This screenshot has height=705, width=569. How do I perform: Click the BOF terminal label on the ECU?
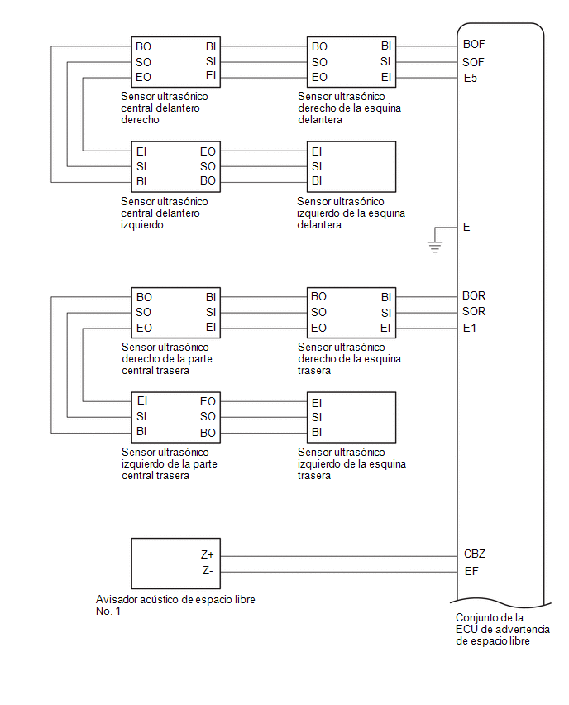point(474,44)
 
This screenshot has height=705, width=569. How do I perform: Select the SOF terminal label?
point(473,62)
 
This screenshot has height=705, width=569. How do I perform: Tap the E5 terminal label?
point(470,79)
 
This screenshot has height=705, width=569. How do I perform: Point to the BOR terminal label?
point(474,296)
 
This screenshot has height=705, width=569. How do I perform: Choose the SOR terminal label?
point(474,312)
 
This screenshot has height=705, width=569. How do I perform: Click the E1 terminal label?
point(469,329)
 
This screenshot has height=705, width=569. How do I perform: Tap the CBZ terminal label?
point(475,554)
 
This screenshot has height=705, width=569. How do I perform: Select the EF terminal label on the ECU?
point(471,572)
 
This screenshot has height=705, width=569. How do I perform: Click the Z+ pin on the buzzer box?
point(208,555)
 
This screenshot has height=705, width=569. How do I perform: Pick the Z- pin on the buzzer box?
point(208,571)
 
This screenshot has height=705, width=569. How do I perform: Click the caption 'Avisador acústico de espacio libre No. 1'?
point(175,605)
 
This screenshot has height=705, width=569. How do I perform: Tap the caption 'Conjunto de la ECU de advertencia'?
point(503,624)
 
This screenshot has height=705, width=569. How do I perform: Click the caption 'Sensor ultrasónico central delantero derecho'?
point(164,108)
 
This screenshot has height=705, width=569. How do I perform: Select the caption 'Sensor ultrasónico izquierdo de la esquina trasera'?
point(351,464)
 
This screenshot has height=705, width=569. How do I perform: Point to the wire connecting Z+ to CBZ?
point(339,556)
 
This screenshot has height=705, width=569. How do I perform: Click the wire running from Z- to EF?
point(339,573)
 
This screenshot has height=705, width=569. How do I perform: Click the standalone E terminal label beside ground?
point(466,227)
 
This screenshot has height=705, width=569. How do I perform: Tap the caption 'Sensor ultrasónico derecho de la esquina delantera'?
point(349,108)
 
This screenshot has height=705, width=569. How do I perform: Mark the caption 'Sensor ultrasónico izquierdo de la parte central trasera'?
point(169,464)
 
